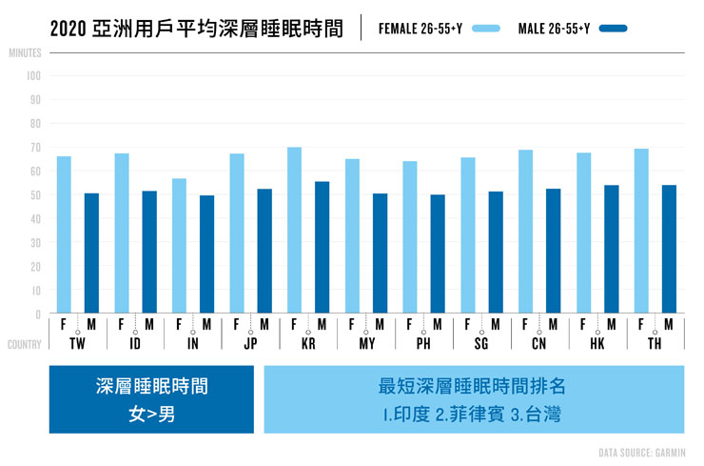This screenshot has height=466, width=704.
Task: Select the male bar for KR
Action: click(323, 248)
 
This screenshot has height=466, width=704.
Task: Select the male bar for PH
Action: click(438, 254)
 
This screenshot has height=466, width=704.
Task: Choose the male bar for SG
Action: click(496, 253)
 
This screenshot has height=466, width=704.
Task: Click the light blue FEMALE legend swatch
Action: click(485, 28)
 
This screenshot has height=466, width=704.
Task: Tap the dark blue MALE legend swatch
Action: click(614, 28)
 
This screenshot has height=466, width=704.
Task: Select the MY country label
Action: click(365, 343)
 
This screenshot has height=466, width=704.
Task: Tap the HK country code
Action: click(596, 343)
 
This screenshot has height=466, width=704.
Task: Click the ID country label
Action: click(134, 343)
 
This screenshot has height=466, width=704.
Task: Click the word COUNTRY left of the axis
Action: click(25, 344)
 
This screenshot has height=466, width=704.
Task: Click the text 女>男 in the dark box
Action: click(151, 415)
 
